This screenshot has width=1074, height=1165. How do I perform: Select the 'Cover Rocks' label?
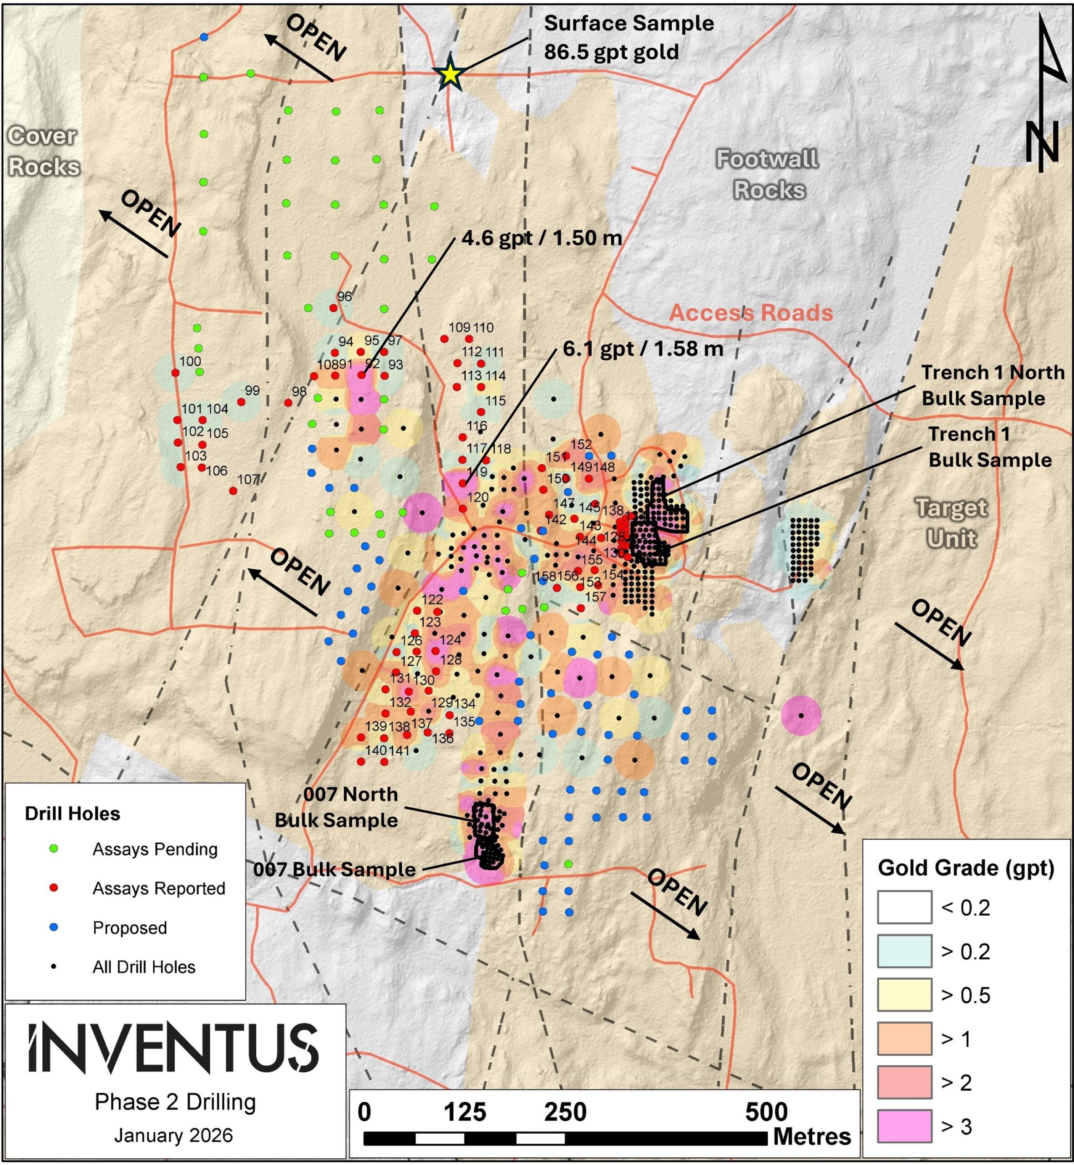(43, 151)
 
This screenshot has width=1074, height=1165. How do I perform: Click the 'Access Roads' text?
(751, 313)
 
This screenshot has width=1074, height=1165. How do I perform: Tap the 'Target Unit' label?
(952, 523)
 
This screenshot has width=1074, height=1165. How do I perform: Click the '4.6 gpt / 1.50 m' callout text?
(541, 238)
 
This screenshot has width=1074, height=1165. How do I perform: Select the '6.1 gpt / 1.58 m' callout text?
(643, 349)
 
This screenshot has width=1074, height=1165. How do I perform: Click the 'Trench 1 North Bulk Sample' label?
(992, 385)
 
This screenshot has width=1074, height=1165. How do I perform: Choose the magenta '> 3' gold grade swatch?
(904, 1125)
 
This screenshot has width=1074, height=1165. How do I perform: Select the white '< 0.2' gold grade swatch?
(904, 907)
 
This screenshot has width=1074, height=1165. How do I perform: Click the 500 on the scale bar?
(766, 1112)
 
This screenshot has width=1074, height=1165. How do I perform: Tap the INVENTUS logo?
(173, 1048)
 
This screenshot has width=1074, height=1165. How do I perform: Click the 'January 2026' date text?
(173, 1135)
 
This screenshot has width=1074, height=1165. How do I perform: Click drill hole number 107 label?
(248, 479)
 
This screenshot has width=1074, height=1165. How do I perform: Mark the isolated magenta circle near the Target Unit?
(801, 715)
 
